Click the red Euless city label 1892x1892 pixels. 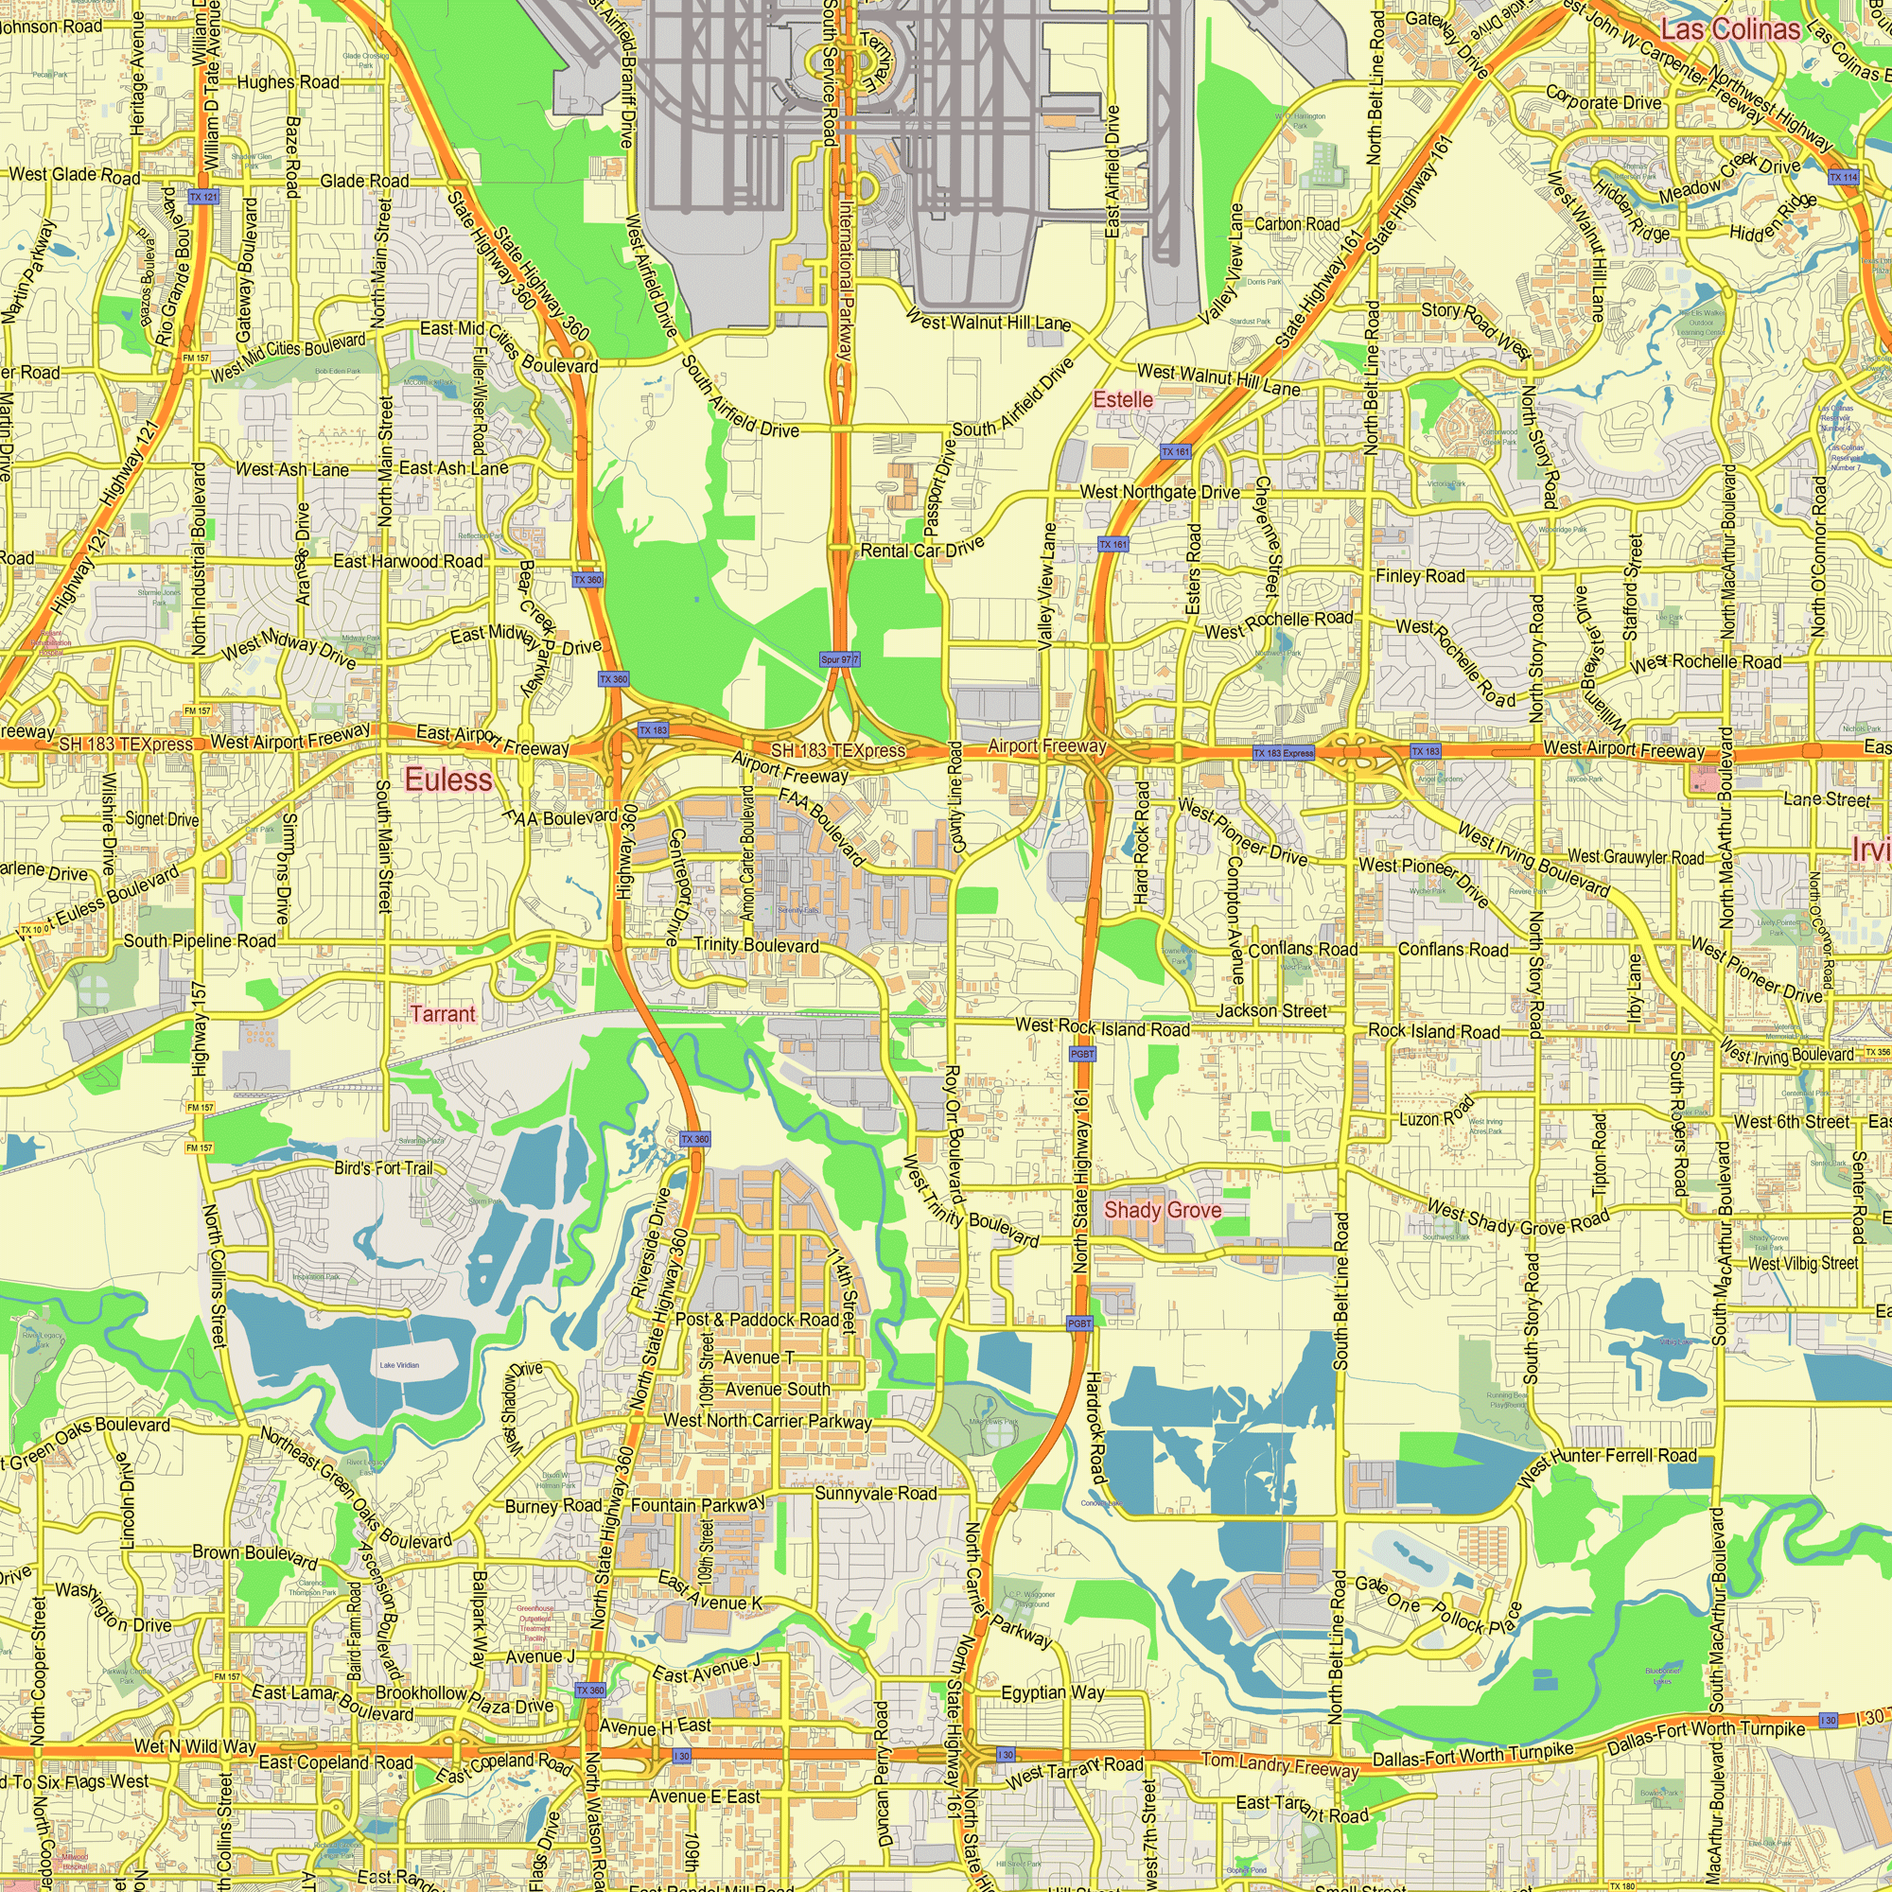(448, 780)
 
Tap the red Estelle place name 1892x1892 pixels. (1122, 399)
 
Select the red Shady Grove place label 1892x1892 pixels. (1163, 1211)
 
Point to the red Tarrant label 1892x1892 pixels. (443, 1013)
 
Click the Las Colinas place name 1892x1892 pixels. (1730, 29)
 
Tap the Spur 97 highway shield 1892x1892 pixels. (839, 660)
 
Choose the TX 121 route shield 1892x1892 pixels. (203, 197)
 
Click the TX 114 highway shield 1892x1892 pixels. (1843, 177)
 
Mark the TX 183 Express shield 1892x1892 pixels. (1284, 753)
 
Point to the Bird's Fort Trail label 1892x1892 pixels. (383, 1168)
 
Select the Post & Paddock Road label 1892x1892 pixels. (757, 1319)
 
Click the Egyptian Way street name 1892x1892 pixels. (1053, 1692)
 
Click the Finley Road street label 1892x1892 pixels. (1420, 576)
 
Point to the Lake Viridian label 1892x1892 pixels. (399, 1364)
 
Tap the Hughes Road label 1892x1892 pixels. (288, 82)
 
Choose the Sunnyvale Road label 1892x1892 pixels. (875, 1494)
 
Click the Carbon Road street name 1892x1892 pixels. (1297, 224)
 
